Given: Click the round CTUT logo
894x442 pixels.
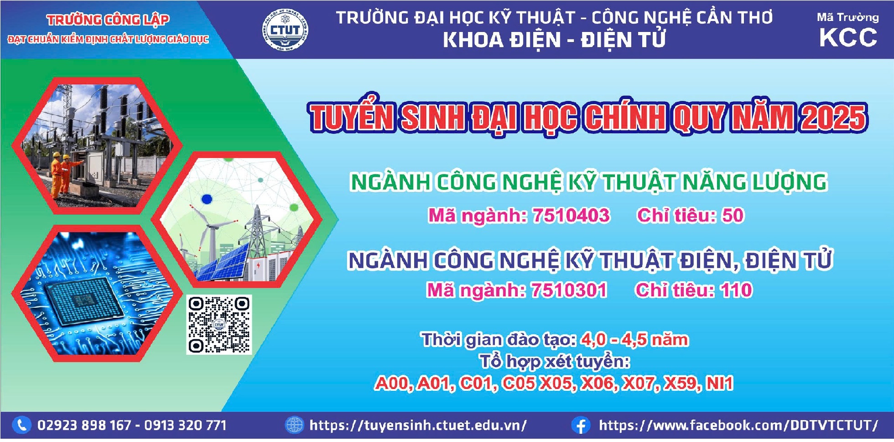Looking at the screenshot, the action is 285,30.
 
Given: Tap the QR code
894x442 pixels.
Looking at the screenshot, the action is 219,325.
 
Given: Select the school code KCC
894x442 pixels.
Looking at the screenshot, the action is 848,37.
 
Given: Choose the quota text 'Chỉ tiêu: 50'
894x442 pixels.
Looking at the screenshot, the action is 691,216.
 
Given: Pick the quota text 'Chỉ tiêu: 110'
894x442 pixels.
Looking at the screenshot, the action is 694,290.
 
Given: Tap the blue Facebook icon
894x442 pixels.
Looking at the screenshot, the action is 581,426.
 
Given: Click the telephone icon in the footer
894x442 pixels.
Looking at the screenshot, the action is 21,426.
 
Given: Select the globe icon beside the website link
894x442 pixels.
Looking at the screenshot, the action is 294,426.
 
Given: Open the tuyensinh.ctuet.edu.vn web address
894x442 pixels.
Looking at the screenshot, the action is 418,426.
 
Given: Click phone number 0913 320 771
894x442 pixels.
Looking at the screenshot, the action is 185,426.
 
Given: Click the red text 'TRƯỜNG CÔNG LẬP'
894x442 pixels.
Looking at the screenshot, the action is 108,20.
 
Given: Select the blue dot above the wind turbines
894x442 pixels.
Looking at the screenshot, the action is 207,199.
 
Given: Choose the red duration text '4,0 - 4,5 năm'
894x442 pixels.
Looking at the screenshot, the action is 634,340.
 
